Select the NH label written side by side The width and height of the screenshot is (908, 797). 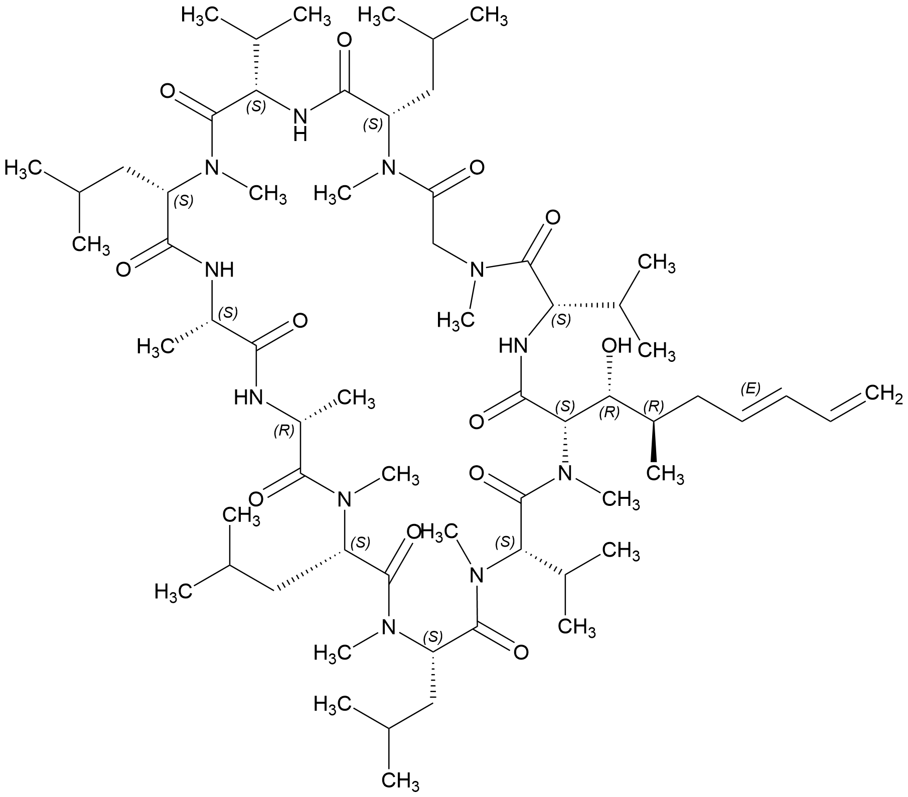(x=220, y=271)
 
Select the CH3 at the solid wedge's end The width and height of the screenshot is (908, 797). (x=665, y=474)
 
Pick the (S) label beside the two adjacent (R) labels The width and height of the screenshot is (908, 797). (x=567, y=405)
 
